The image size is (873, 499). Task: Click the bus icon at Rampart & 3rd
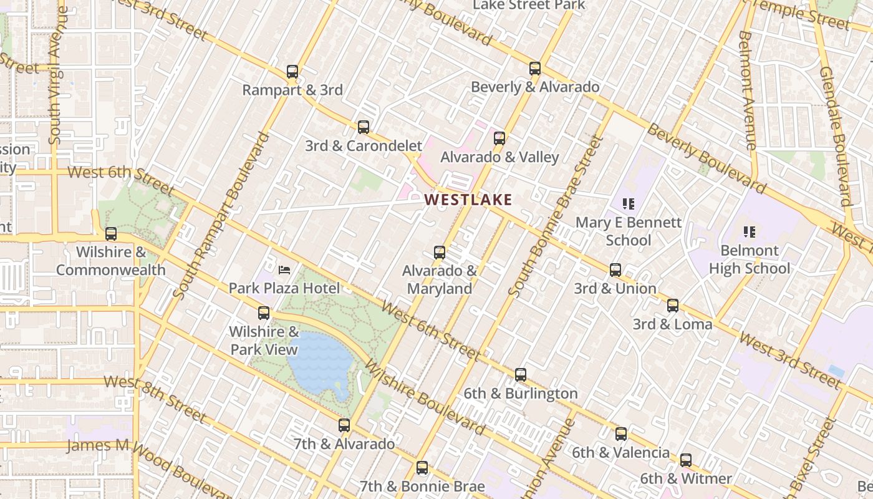(292, 72)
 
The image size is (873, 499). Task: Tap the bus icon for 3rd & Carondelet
(364, 127)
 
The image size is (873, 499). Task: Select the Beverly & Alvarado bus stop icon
(535, 69)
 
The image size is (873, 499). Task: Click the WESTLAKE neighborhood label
(468, 200)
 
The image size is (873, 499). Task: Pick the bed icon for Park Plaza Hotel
(284, 270)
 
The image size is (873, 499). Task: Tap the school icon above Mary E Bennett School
(628, 203)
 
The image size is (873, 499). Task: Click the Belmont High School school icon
(750, 232)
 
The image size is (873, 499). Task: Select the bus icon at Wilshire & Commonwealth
(111, 234)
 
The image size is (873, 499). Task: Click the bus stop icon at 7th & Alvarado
(344, 425)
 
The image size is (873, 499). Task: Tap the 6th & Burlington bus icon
(521, 375)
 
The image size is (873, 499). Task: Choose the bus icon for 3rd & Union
(615, 270)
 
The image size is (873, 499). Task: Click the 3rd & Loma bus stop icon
(673, 306)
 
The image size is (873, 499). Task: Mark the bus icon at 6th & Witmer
(686, 460)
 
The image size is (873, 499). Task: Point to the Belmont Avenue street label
(746, 90)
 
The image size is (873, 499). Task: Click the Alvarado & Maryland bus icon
(440, 253)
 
